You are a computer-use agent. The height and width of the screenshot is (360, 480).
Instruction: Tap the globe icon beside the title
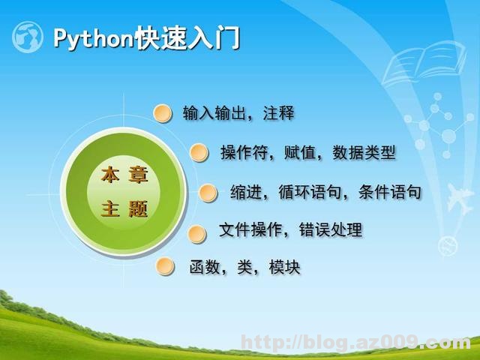coord(28,37)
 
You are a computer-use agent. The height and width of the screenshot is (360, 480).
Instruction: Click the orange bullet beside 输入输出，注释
coord(163,113)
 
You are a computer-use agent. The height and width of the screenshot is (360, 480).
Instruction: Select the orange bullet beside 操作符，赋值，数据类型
coord(199,153)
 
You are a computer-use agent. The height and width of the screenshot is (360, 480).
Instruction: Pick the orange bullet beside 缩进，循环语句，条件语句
coord(208,193)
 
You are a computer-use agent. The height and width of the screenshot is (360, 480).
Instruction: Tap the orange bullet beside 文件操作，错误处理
coord(196,233)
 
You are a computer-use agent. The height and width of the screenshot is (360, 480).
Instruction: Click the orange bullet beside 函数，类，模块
coord(165,267)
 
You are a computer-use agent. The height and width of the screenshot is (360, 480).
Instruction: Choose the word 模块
coord(285,267)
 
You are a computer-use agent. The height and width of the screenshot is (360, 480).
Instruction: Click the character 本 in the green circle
coord(110,176)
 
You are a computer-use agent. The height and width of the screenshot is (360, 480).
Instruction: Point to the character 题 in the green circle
coord(138,208)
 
